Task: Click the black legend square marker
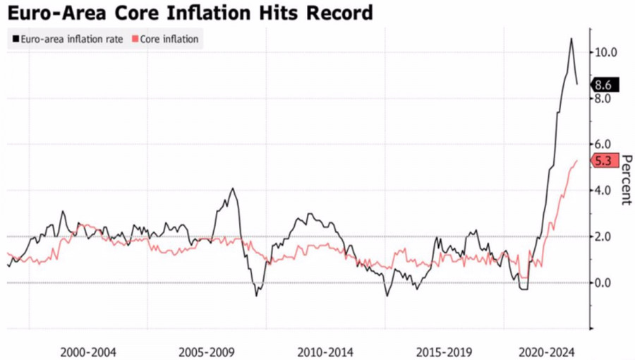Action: pyautogui.click(x=14, y=40)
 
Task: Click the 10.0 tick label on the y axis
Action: pyautogui.click(x=606, y=52)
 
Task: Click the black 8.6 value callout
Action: pyautogui.click(x=603, y=85)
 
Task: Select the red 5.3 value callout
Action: pyautogui.click(x=603, y=161)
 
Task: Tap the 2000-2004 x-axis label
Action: pyautogui.click(x=89, y=351)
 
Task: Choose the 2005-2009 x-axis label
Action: pyautogui.click(x=207, y=351)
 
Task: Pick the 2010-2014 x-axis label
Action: pyautogui.click(x=326, y=351)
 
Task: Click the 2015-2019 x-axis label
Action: pyautogui.click(x=445, y=351)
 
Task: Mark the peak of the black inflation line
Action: pyautogui.click(x=571, y=39)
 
